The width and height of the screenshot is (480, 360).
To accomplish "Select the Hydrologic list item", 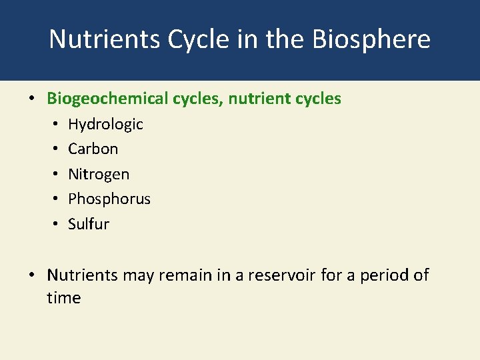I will click(105, 125).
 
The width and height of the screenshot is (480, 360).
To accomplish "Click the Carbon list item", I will click(93, 149).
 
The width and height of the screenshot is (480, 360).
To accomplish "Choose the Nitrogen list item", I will click(99, 175).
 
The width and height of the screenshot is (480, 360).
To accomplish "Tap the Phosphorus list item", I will click(109, 199).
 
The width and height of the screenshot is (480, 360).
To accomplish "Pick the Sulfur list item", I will click(88, 224).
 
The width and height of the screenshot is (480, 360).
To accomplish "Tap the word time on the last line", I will click(63, 298).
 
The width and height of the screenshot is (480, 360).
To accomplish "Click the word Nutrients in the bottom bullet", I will click(82, 275).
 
